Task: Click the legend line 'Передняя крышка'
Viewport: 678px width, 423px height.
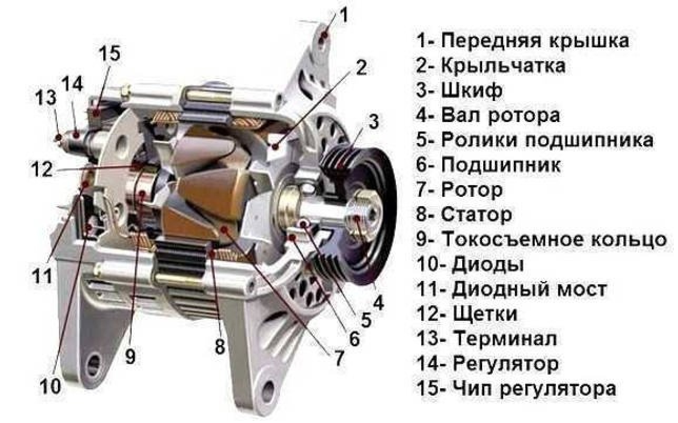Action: [x=523, y=41]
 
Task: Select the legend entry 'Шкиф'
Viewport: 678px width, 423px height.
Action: [x=460, y=90]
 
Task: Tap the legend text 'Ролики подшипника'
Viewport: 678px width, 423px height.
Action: [x=534, y=140]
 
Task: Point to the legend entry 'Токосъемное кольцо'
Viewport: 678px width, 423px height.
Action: [x=542, y=239]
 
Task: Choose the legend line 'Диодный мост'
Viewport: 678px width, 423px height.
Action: [x=512, y=289]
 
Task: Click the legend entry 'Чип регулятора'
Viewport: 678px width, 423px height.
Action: [x=516, y=388]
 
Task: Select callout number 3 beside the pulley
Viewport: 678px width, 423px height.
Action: [x=374, y=122]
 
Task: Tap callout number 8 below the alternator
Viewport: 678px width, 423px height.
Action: [x=220, y=345]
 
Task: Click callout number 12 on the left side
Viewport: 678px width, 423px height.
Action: [x=42, y=169]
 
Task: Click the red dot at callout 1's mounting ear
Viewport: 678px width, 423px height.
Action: [x=324, y=36]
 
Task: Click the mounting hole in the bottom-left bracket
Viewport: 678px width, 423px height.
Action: [x=94, y=365]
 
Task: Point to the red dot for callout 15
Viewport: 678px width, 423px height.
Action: [x=96, y=113]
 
